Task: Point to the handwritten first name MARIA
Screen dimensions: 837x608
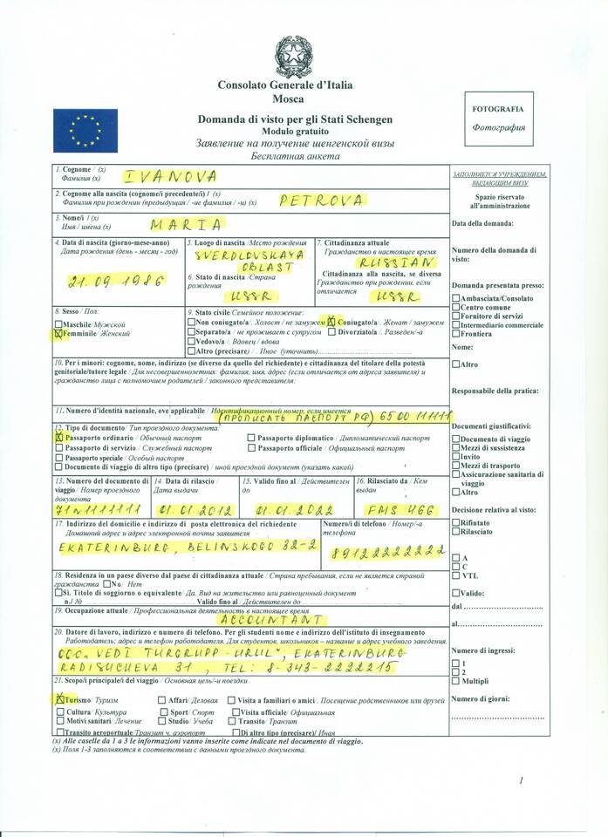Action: coord(187,224)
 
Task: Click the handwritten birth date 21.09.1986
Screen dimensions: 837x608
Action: coord(104,282)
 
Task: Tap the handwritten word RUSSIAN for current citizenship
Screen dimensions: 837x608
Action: coord(395,262)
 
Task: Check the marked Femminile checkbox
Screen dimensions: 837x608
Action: coord(58,333)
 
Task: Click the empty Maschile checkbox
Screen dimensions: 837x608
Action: coord(58,323)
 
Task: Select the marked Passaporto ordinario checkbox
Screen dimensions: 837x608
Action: coord(58,439)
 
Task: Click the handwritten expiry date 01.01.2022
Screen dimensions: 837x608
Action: coord(296,509)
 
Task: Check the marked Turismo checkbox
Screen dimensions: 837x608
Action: coord(58,698)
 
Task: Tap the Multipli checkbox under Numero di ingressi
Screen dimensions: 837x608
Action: coord(454,681)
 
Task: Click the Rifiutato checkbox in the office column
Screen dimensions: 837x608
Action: coord(454,522)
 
